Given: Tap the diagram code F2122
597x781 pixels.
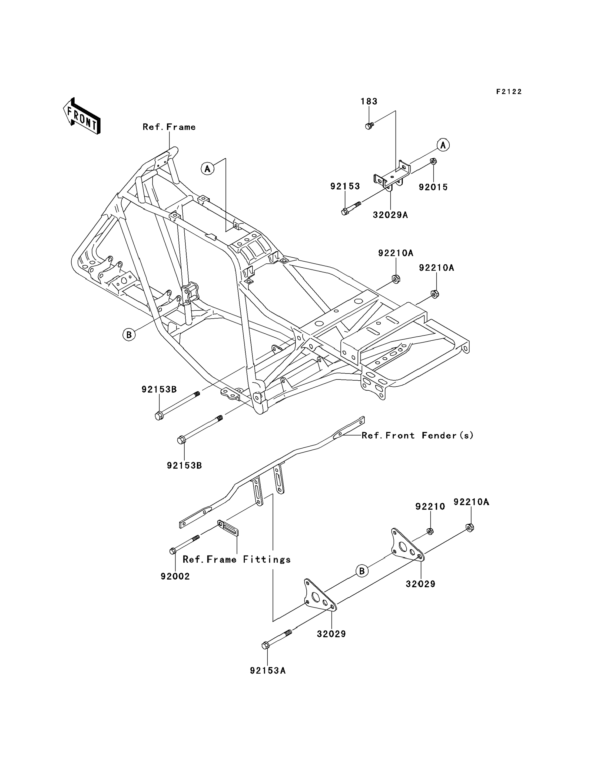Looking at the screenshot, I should pyautogui.click(x=509, y=92).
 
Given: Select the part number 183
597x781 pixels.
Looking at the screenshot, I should pyautogui.click(x=369, y=102).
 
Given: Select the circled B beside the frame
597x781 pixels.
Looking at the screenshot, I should pyautogui.click(x=129, y=334).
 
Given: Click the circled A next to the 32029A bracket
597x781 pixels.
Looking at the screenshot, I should pyautogui.click(x=443, y=145).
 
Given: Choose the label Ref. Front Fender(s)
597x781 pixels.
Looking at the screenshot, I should pyautogui.click(x=417, y=436).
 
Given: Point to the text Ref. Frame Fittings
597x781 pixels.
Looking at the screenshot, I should pyautogui.click(x=237, y=560).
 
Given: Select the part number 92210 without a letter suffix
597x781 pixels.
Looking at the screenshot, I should pyautogui.click(x=430, y=507).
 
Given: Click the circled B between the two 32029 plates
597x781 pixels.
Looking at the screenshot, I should pyautogui.click(x=362, y=571).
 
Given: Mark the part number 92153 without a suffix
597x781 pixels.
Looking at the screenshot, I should pyautogui.click(x=345, y=187).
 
